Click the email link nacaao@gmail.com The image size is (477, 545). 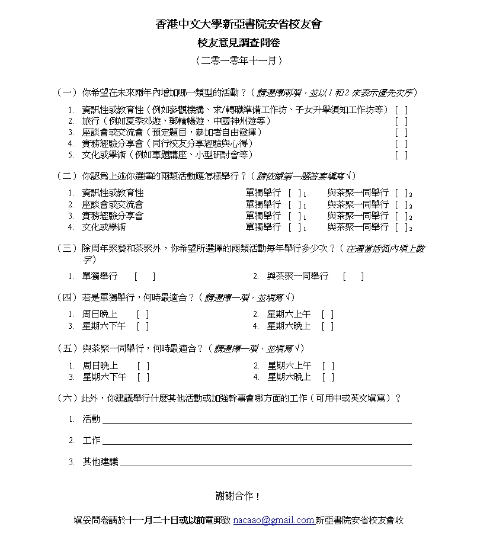[273, 520]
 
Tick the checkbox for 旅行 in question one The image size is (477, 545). [401, 121]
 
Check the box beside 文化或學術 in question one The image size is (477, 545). [401, 155]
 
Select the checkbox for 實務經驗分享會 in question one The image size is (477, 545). [401, 143]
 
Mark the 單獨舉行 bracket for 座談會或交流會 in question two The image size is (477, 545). [294, 204]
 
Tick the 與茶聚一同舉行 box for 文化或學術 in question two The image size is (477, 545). [402, 227]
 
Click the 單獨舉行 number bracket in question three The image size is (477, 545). [145, 276]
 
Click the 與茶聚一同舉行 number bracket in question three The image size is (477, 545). [353, 276]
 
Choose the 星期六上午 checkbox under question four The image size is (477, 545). [328, 315]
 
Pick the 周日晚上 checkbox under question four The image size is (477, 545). [142, 315]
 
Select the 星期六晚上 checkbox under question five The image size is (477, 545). [328, 377]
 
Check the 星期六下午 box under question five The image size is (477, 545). [143, 377]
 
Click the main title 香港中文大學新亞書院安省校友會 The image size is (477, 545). [238, 24]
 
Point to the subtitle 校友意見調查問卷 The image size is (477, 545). [238, 42]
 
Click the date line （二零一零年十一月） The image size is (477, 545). [238, 60]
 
